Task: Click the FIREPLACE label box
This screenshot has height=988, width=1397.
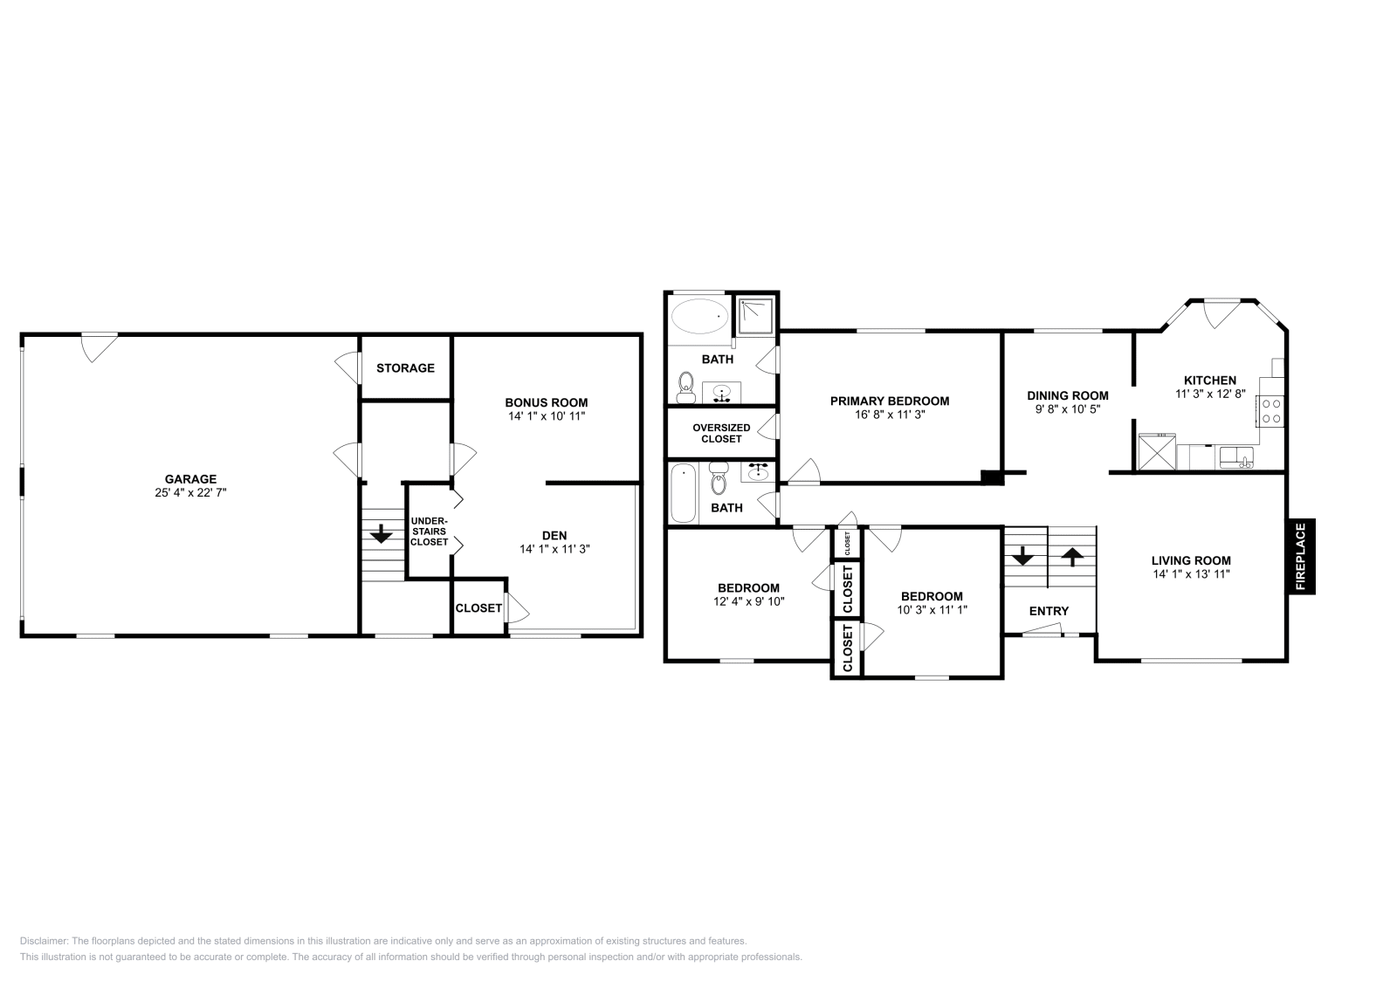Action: (1300, 557)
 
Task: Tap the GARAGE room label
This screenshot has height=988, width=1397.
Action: (190, 479)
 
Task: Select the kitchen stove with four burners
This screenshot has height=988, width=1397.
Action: (1270, 411)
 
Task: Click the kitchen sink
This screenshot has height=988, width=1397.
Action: (1235, 456)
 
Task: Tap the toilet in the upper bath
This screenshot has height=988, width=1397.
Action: (686, 386)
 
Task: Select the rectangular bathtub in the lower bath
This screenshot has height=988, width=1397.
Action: (684, 493)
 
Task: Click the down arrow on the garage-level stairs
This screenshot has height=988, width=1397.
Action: (382, 533)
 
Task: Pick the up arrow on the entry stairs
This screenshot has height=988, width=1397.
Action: (1071, 555)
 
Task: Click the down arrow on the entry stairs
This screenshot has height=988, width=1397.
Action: (1022, 555)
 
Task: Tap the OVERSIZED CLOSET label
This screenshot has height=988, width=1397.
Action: (721, 433)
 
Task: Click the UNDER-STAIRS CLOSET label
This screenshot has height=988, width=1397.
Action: (430, 532)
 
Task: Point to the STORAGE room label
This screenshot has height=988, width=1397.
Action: (405, 368)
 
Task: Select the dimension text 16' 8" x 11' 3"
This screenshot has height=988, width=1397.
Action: (889, 415)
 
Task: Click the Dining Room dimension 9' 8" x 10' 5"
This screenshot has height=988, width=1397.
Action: (1067, 408)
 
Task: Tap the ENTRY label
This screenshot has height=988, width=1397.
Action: (1049, 611)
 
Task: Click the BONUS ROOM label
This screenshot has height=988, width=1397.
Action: (546, 402)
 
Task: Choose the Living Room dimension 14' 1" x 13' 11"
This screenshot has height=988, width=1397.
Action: (1191, 574)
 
